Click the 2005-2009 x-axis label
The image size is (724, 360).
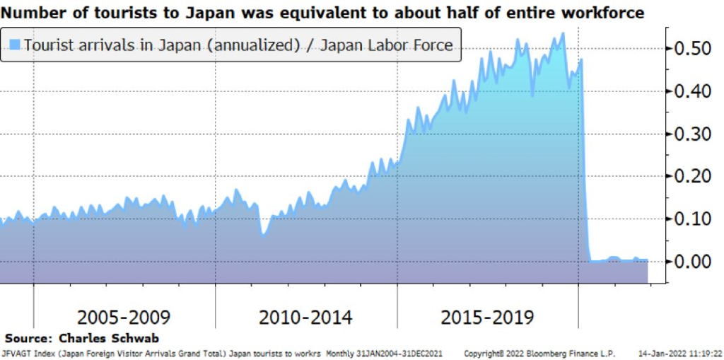pos(124,317)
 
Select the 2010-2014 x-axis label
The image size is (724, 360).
pos(305,317)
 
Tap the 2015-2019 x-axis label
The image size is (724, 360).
pos(487,317)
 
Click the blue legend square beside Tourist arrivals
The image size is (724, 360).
pos(15,45)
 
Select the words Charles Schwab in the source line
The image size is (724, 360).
pos(109,339)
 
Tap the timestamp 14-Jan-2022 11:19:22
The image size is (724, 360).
pos(679,353)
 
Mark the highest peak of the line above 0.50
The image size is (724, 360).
pos(563,33)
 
